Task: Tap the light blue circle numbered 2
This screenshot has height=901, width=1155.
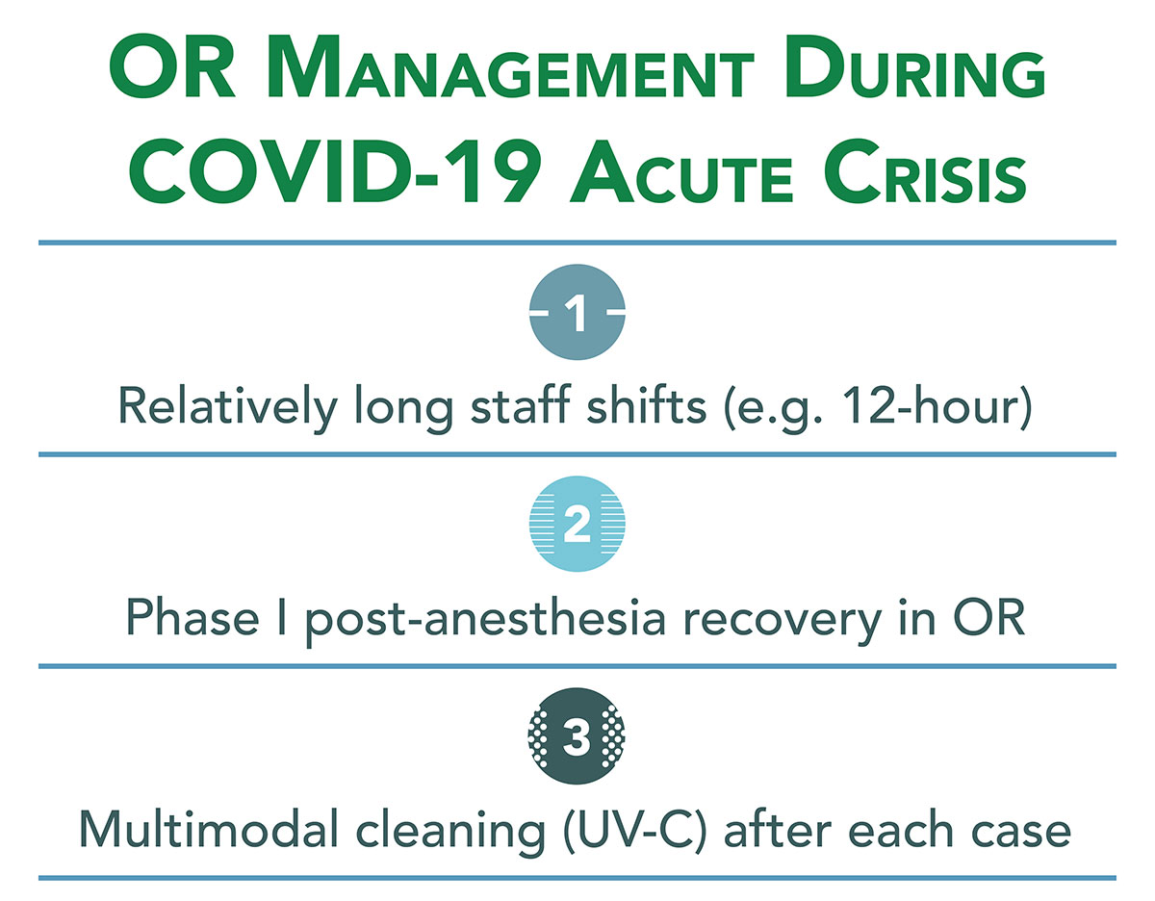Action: (577, 527)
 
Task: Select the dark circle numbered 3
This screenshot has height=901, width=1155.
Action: (577, 738)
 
